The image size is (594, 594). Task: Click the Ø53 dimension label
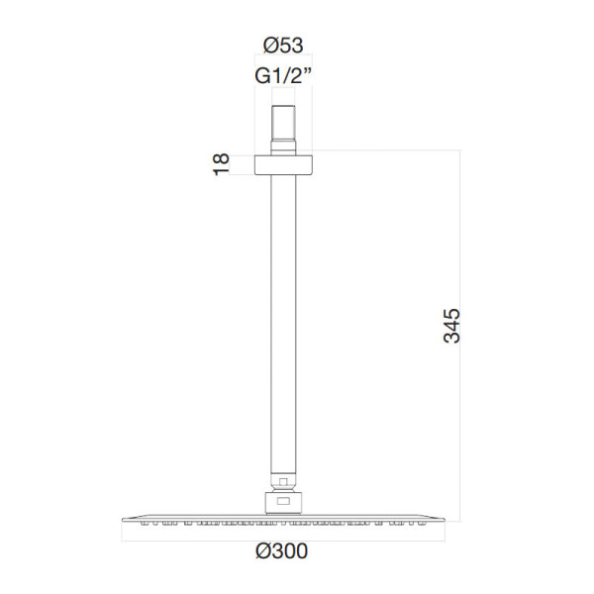click(283, 46)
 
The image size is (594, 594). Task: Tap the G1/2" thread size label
click(283, 75)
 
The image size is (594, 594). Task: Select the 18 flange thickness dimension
click(221, 164)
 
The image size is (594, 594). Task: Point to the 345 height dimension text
click(451, 326)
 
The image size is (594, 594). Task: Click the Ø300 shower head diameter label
click(281, 550)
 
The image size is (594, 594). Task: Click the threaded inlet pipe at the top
click(283, 123)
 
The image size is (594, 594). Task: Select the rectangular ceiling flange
click(283, 164)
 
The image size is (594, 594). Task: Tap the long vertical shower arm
click(283, 325)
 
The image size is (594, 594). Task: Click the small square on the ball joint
click(283, 482)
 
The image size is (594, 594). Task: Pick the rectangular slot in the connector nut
click(283, 501)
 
